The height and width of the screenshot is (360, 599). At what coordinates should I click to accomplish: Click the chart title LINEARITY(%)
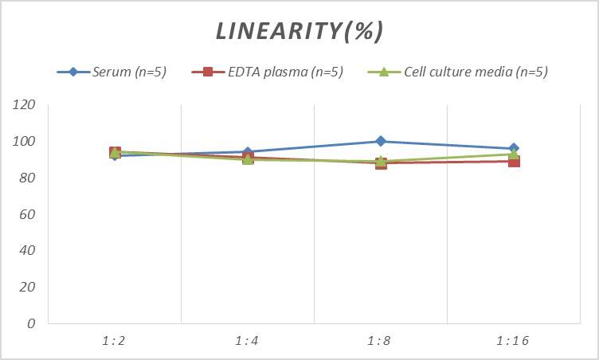tap(299, 31)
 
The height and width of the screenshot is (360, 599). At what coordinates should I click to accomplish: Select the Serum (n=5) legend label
tap(128, 72)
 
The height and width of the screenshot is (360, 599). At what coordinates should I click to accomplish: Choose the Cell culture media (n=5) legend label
tap(476, 72)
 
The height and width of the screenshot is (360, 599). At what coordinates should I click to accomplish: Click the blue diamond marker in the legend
tap(72, 72)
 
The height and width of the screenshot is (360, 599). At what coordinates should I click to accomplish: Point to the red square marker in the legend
tap(208, 72)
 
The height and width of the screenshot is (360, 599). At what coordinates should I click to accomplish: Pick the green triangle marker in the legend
tap(383, 72)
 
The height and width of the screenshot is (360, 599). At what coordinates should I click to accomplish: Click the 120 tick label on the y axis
tap(25, 105)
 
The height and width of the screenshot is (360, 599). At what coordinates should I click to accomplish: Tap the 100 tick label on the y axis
tap(25, 142)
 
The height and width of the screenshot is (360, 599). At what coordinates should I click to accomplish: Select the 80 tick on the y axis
tap(28, 178)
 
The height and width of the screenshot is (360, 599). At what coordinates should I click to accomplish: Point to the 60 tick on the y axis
tap(28, 214)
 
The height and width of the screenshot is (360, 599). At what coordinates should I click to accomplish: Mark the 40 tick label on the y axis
tap(28, 250)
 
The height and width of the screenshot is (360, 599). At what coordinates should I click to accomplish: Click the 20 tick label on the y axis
tap(28, 287)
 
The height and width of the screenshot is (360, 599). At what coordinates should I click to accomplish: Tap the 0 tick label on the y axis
tap(31, 323)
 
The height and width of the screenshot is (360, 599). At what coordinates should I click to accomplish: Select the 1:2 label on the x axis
tap(114, 341)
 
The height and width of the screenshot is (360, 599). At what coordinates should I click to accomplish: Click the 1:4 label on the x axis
tap(247, 341)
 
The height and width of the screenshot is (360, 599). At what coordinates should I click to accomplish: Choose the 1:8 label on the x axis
tap(380, 341)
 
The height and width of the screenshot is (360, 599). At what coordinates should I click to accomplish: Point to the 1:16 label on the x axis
tap(512, 341)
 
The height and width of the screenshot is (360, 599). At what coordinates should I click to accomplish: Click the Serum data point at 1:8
tap(381, 141)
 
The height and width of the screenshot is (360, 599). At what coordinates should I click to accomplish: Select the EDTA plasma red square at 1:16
tap(514, 161)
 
